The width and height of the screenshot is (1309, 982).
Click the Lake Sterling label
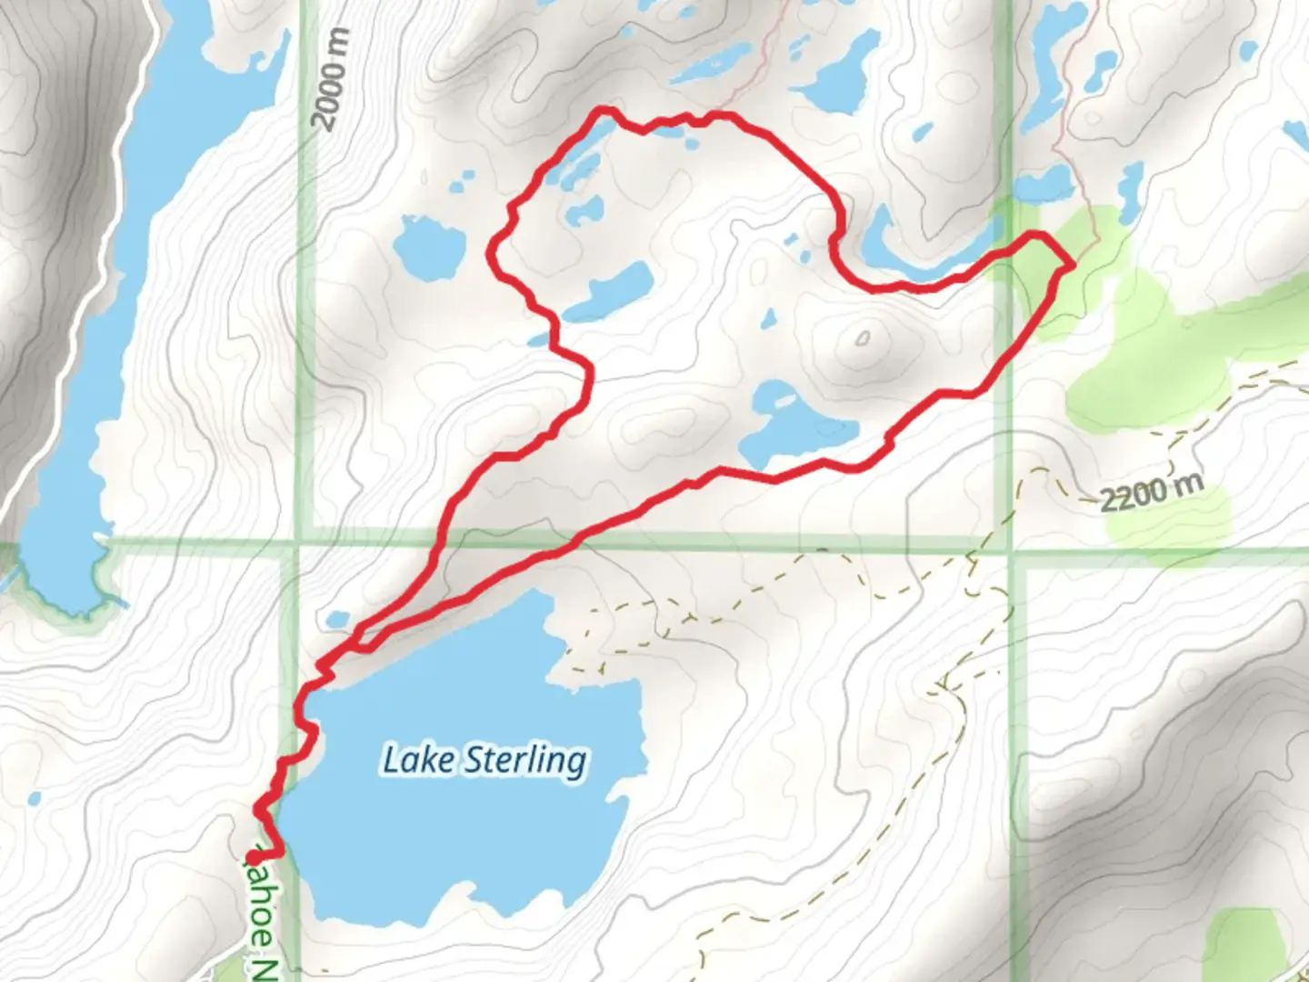coord(485,760)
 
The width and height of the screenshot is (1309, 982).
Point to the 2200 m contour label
coord(1151,492)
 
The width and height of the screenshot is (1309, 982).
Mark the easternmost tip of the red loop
coord(1072,264)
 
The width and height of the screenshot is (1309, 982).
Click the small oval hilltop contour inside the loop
coord(862,339)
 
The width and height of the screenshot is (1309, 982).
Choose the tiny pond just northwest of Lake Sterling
coord(337,619)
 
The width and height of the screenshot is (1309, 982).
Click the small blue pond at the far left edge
coord(34,799)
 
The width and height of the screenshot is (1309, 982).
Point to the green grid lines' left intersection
coord(299,543)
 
